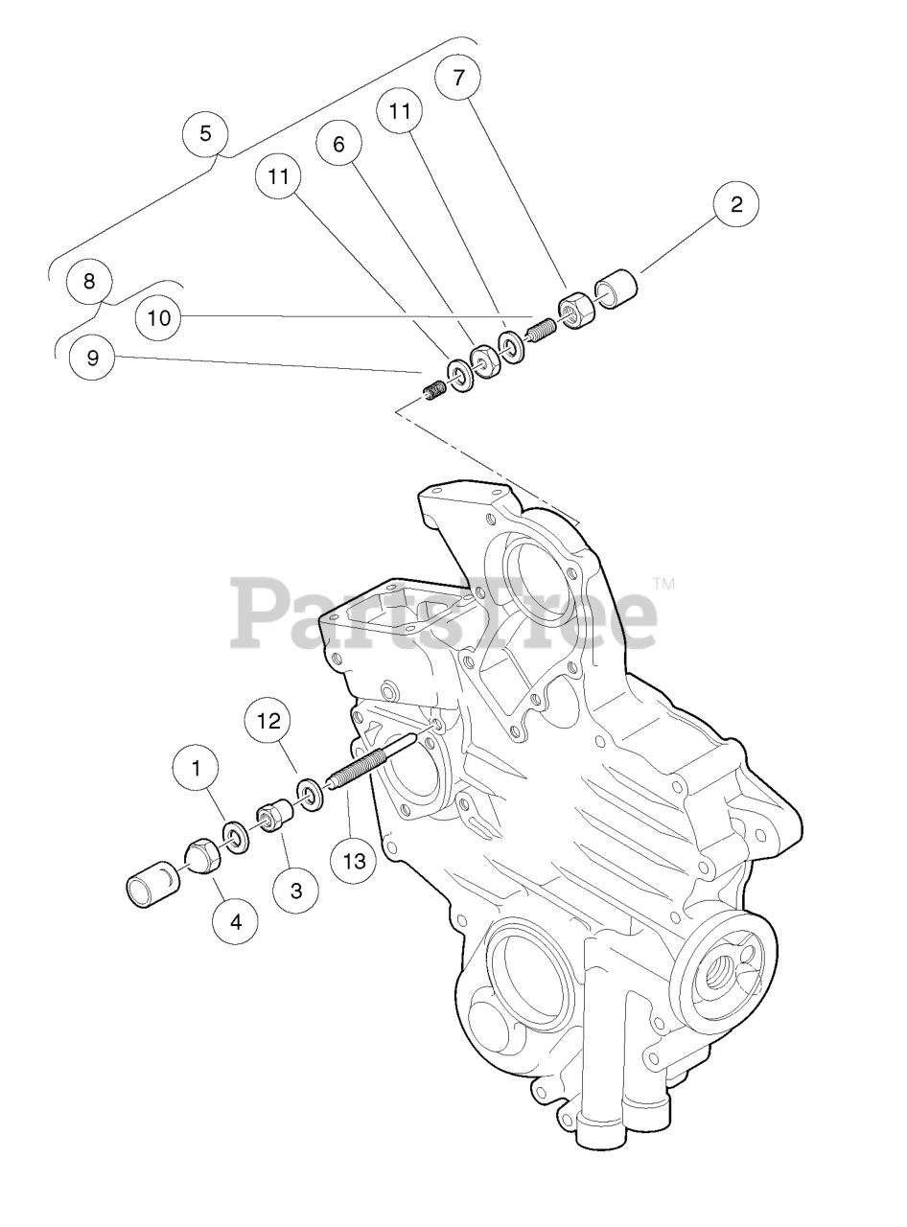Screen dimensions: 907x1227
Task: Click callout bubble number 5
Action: (x=205, y=134)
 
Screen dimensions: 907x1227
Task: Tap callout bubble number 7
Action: (x=457, y=78)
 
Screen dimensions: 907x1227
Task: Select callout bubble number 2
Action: (x=736, y=205)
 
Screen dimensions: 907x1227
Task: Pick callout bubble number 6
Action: (x=338, y=145)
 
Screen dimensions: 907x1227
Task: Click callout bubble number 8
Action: (x=88, y=282)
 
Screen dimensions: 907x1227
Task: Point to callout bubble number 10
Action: (x=159, y=318)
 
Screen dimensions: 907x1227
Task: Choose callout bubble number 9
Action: (x=92, y=358)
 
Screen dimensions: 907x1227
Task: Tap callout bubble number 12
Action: (x=269, y=721)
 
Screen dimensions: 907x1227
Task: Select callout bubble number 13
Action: (x=354, y=862)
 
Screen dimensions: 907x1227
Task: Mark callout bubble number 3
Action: (x=296, y=891)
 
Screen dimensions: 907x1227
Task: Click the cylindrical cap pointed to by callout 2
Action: (x=616, y=289)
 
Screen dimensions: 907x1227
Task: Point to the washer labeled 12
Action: (x=310, y=794)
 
